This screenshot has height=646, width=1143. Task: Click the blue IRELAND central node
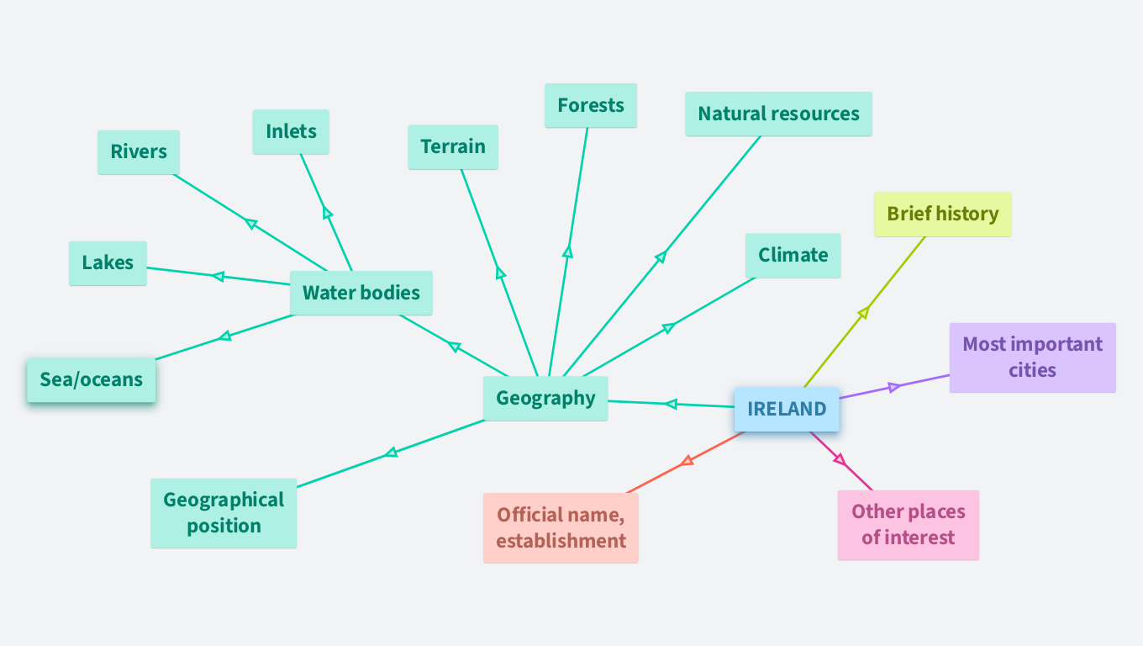point(786,410)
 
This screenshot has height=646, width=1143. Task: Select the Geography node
point(545,398)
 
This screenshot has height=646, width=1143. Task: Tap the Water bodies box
point(361,293)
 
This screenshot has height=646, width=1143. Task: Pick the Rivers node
point(139,152)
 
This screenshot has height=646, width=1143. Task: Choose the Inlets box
point(291,131)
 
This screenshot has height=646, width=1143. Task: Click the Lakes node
point(108,262)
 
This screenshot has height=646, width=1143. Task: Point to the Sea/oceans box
point(92,379)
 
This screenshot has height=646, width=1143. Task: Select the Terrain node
point(453,147)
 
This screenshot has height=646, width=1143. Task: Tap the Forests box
point(591,105)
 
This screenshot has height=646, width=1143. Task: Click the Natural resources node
point(778,114)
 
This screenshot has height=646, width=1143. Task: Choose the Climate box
point(793,255)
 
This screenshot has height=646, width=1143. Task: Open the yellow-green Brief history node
point(942,214)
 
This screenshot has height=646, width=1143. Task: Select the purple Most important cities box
point(1032,357)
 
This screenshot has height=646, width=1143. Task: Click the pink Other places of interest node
point(908,524)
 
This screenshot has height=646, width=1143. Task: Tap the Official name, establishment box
point(561,527)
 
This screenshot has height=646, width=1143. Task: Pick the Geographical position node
point(224,512)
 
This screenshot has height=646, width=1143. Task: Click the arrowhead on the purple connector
point(894,387)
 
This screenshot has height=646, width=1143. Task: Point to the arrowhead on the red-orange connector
point(687,460)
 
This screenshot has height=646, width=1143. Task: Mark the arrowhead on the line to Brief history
point(863,313)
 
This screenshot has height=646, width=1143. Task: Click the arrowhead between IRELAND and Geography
point(671,405)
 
